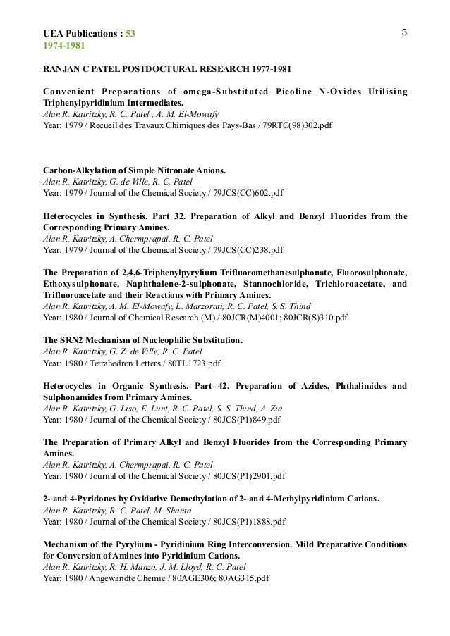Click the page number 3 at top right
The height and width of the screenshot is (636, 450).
pyautogui.click(x=403, y=33)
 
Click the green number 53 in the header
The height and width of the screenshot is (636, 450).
pyautogui.click(x=130, y=36)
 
